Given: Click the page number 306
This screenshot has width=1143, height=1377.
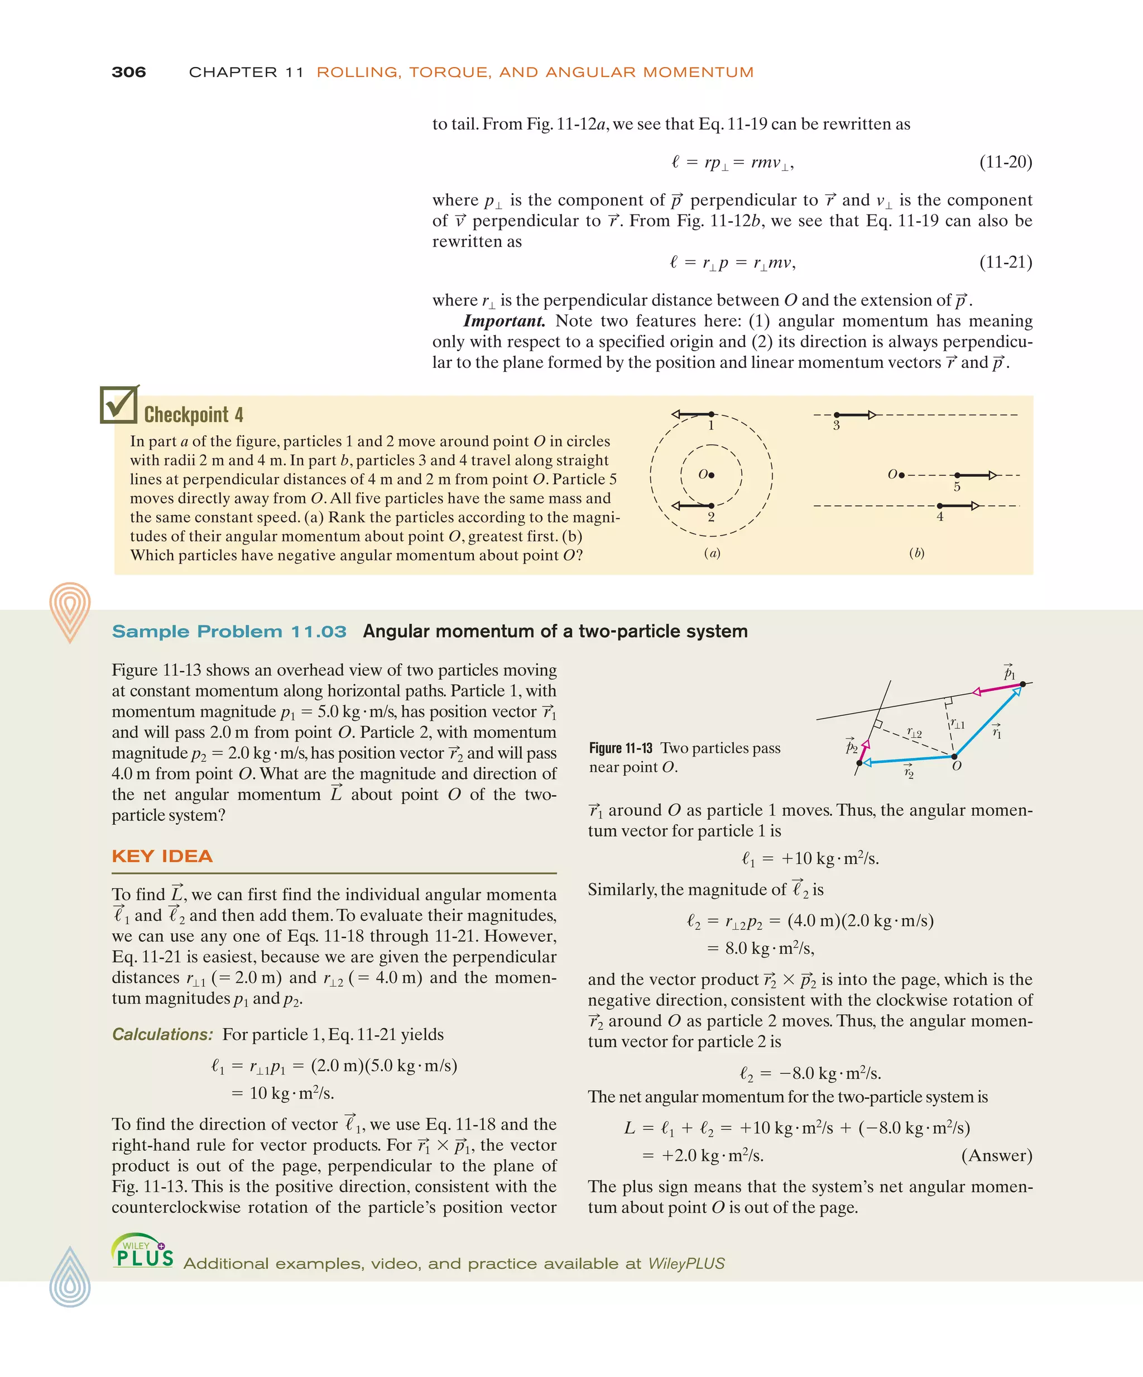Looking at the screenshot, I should pyautogui.click(x=128, y=72).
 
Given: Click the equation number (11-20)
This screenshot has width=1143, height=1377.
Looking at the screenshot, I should pyautogui.click(x=1005, y=162).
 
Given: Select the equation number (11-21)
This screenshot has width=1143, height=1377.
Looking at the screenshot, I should pyautogui.click(x=1005, y=262).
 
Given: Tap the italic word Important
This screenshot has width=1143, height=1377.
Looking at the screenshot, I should pyautogui.click(x=503, y=321).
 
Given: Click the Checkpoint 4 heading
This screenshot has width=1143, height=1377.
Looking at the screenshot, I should pyautogui.click(x=193, y=414).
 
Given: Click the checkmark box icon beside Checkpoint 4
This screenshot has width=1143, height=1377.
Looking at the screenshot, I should pyautogui.click(x=119, y=405).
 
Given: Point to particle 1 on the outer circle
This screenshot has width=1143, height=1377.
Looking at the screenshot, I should pyautogui.click(x=712, y=414).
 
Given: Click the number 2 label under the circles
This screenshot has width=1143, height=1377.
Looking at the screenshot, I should pyautogui.click(x=711, y=517).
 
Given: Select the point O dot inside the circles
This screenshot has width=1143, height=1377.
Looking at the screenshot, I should pyautogui.click(x=712, y=475).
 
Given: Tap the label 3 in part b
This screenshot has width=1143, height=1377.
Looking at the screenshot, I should pyautogui.click(x=836, y=425).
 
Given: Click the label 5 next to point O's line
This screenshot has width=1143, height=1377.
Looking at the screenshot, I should pyautogui.click(x=957, y=486).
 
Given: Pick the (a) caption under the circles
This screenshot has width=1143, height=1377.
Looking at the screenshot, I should pyautogui.click(x=712, y=553).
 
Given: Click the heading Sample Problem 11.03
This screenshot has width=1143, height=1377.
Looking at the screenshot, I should pyautogui.click(x=229, y=632).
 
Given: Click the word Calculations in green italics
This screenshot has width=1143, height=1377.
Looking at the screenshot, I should pyautogui.click(x=162, y=1034).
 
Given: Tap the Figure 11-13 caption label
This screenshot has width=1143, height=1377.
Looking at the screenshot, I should pyautogui.click(x=620, y=748).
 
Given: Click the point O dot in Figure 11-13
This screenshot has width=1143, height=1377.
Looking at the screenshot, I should pyautogui.click(x=954, y=757).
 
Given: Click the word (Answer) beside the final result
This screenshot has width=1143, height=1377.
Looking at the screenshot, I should pyautogui.click(x=996, y=1155).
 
